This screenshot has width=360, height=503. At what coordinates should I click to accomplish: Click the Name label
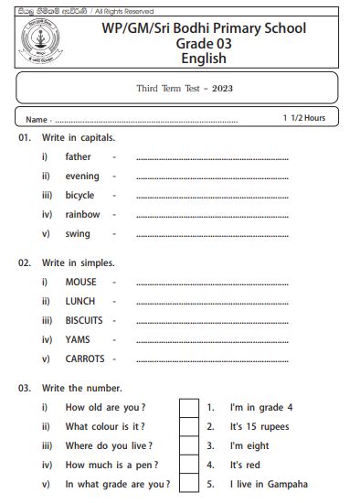[x=37, y=120]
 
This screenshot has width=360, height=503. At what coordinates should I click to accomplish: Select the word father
[x=79, y=156]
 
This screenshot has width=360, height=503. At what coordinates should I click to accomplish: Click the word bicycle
[x=80, y=195]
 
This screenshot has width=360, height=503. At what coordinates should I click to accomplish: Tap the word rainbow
[x=83, y=214]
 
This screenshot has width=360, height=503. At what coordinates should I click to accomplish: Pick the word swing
[x=78, y=233]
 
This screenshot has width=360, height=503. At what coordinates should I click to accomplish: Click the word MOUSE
[x=81, y=282]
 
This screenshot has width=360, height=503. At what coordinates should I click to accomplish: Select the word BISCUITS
[x=84, y=320]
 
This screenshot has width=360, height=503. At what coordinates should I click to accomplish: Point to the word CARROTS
[x=85, y=359]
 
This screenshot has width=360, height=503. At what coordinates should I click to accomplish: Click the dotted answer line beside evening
[x=212, y=177]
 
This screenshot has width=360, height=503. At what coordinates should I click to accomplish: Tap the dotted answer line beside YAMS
[x=212, y=341]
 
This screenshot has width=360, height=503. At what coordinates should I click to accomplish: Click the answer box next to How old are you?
[x=188, y=407]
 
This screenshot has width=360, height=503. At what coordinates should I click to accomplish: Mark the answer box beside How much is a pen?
[x=188, y=465]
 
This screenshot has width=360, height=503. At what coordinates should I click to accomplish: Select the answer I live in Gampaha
[x=269, y=484]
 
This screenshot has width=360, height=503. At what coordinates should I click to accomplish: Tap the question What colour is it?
[x=105, y=426]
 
